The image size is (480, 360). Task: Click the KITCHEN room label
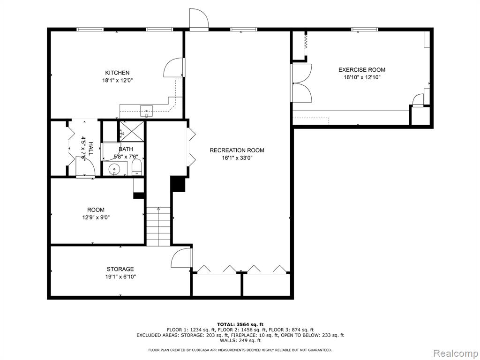pyautogui.click(x=117, y=73)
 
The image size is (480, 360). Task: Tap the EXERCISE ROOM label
pyautogui.click(x=362, y=70)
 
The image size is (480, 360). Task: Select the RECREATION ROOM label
pyautogui.click(x=237, y=150)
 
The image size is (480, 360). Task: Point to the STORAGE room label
pyautogui.click(x=120, y=269)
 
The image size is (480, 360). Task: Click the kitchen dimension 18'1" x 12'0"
pyautogui.click(x=118, y=81)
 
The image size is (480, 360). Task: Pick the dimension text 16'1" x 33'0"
pyautogui.click(x=237, y=158)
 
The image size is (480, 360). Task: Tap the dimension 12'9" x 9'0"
pyautogui.click(x=96, y=217)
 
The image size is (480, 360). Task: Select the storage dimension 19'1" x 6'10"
pyautogui.click(x=120, y=277)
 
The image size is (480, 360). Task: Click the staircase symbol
pyautogui.click(x=158, y=226)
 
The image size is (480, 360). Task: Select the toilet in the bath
pyautogui.click(x=137, y=167)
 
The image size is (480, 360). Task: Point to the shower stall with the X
pyautogui.click(x=131, y=131)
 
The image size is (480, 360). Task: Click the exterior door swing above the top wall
pyautogui.click(x=199, y=18)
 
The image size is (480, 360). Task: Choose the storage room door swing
pyautogui.click(x=181, y=258)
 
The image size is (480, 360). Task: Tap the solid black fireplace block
pyautogui.click(x=178, y=184)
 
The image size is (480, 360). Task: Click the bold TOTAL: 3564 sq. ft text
pyautogui.click(x=240, y=324)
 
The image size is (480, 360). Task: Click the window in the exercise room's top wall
pyautogui.click(x=365, y=30)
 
